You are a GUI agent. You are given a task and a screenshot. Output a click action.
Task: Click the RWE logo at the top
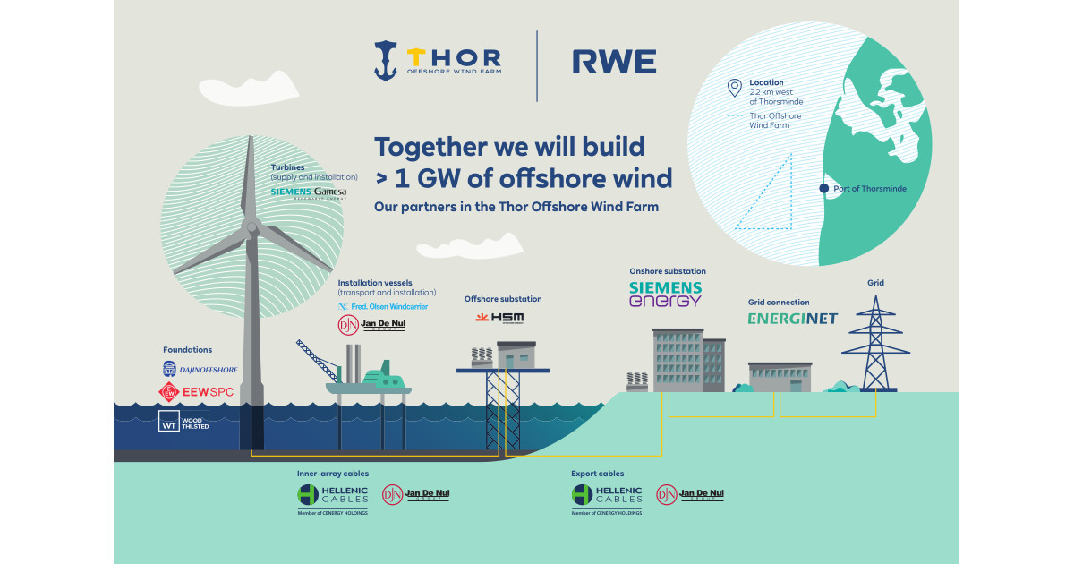[614, 62]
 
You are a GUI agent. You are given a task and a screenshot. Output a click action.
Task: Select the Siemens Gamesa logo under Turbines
[308, 192]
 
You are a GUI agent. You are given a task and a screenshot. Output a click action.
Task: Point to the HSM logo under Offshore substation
[500, 318]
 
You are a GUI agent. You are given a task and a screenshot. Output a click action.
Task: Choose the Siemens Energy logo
[666, 294]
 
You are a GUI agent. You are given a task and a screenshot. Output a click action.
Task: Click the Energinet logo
[793, 318]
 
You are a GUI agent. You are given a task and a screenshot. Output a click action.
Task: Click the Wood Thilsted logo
[183, 421]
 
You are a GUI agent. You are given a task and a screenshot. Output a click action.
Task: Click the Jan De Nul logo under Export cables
[690, 494]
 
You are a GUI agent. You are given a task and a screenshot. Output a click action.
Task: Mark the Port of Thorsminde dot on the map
[823, 188]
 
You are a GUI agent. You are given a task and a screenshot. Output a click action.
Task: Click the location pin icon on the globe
[735, 88]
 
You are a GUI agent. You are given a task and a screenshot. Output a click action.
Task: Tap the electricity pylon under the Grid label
[874, 345]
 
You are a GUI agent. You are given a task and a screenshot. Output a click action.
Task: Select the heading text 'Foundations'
[187, 349]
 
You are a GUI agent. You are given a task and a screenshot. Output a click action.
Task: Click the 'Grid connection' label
[778, 303]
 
